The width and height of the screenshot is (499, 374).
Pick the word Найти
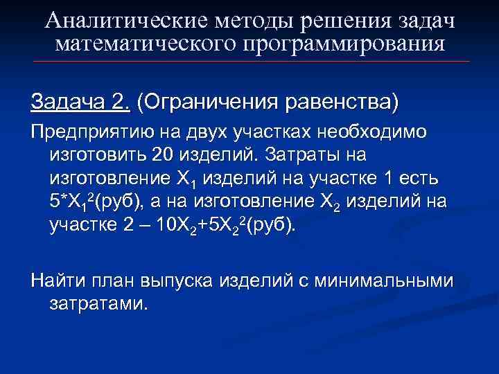pos(61,280)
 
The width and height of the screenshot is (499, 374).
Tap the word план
pos(118,280)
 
